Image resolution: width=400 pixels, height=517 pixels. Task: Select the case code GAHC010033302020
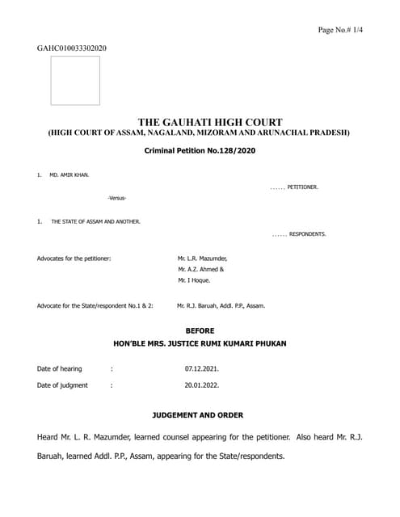pos(71,48)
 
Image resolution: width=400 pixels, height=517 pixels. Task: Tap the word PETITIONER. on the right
pos(303,187)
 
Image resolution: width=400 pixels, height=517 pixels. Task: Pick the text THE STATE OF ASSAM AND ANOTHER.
pos(95,221)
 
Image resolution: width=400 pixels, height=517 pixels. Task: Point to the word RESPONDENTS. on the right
pos(307,234)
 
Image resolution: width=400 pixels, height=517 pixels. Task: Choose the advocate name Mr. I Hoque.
pos(194,280)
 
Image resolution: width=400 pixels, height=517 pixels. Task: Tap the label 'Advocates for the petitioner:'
pos(74,258)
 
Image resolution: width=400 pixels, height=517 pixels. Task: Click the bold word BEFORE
pos(200,331)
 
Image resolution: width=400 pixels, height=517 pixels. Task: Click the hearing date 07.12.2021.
pos(202,369)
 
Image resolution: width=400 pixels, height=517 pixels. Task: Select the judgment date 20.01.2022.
pos(202,385)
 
